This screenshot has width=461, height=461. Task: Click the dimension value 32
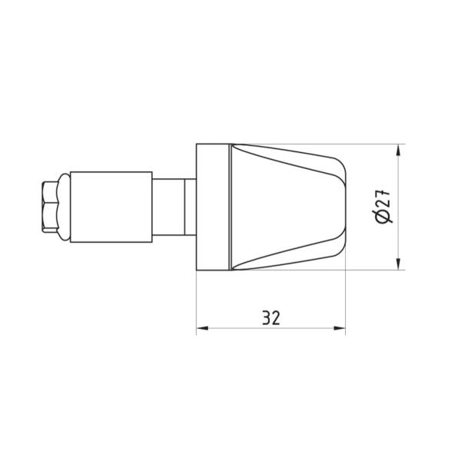click(270, 317)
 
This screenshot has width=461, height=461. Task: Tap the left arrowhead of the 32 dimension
click(202, 328)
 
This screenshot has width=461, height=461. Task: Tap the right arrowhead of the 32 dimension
click(340, 328)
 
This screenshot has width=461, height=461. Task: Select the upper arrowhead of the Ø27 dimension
click(398, 151)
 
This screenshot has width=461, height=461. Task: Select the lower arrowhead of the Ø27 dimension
click(398, 264)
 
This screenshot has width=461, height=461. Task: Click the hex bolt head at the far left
click(50, 207)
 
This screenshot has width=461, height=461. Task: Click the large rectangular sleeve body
click(111, 207)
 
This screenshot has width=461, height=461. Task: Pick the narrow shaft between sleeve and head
click(169, 207)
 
